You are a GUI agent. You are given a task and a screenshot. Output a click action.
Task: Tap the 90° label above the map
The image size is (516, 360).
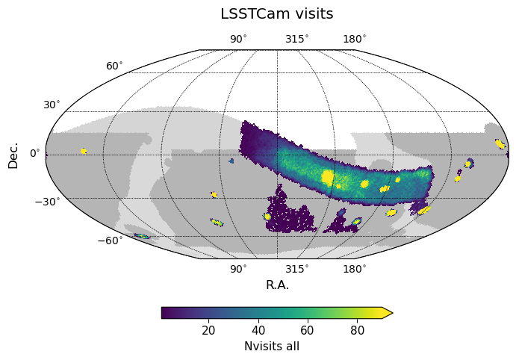point(238,40)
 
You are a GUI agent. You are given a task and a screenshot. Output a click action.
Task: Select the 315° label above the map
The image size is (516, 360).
point(296,40)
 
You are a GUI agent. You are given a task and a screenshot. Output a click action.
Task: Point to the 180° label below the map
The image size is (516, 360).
point(354,269)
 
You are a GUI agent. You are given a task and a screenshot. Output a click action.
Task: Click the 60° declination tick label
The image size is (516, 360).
point(114,66)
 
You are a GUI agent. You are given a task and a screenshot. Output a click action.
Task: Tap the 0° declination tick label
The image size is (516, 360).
point(35,153)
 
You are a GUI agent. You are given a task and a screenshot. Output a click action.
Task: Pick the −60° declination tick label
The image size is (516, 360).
point(109,240)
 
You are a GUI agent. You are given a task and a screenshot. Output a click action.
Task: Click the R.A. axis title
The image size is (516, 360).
point(277,285)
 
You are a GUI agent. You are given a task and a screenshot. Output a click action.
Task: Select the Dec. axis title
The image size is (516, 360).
point(13,153)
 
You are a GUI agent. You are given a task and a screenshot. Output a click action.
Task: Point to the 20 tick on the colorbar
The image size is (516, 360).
point(208,331)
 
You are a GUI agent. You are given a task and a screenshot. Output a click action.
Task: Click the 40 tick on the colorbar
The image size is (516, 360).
point(258,331)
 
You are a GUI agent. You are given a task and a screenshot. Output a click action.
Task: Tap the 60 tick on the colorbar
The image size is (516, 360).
point(308,331)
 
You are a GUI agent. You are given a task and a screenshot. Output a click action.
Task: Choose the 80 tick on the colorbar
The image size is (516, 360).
point(358,331)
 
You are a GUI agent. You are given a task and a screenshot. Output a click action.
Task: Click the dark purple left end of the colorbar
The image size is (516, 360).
point(165,313)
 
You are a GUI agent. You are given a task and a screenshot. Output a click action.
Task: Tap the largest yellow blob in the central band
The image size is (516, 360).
point(327,177)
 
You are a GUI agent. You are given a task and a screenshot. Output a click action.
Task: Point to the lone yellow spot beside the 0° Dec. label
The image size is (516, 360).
point(84,151)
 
